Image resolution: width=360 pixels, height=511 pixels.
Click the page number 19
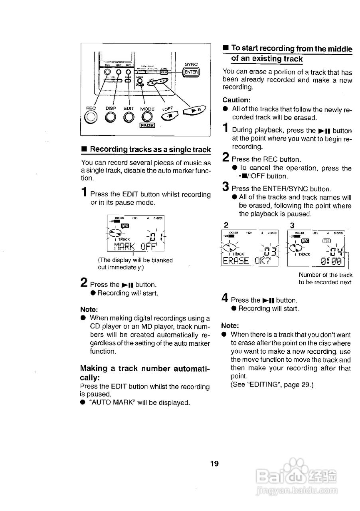214,463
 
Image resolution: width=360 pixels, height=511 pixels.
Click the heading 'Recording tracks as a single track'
150,149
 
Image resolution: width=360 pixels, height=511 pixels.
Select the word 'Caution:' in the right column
236,100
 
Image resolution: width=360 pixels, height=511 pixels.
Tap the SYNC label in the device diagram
191,64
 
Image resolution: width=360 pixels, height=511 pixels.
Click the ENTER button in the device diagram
191,72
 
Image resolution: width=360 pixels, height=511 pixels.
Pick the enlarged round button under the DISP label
111,117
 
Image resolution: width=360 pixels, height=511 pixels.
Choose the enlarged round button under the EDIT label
129,117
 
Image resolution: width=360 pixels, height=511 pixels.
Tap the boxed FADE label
146,125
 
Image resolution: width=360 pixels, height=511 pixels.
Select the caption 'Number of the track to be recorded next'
325,278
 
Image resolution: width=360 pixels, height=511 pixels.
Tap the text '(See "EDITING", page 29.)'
272,385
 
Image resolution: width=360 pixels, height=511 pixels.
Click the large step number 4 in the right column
225,298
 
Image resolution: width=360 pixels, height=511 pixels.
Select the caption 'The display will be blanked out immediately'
135,263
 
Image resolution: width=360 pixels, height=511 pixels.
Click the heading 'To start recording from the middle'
292,49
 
